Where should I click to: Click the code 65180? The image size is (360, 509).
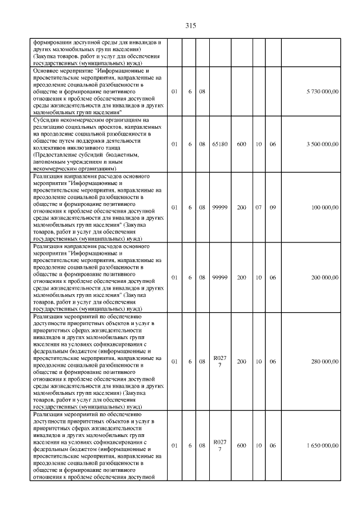point(220,145)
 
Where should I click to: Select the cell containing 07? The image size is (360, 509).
point(258,208)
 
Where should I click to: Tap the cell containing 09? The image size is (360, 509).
point(272,208)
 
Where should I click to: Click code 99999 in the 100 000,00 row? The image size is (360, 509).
point(220,208)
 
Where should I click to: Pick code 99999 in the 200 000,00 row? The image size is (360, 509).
point(220,277)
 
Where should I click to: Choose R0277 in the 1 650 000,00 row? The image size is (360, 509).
point(220,445)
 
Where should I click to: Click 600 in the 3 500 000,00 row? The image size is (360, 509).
point(241,145)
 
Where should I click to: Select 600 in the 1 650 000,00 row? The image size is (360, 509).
point(241,445)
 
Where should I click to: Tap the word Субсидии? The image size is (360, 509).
point(47,120)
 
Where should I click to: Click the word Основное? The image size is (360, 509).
point(47,71)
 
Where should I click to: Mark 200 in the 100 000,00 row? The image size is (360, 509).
point(241,208)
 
